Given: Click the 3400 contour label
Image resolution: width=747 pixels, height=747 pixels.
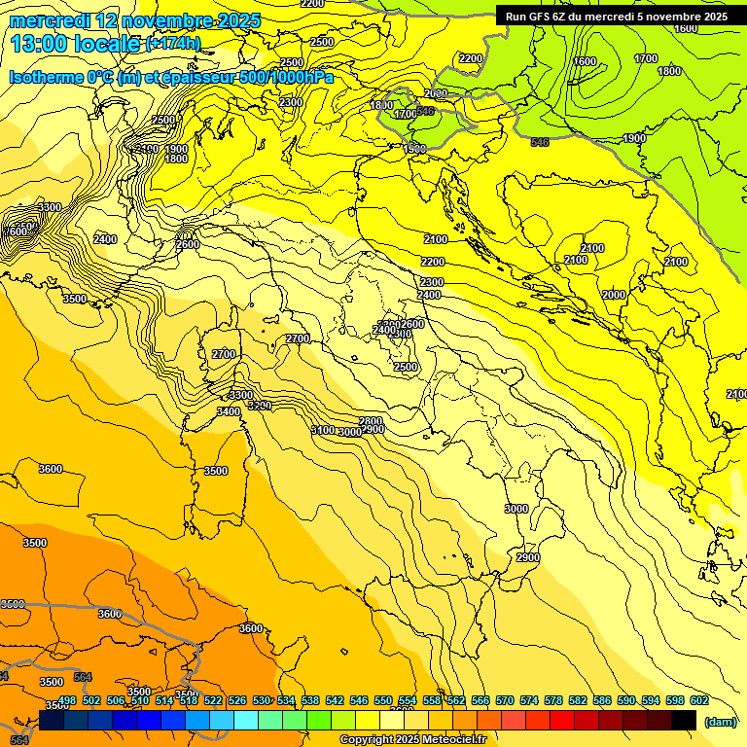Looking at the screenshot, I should [x=229, y=412].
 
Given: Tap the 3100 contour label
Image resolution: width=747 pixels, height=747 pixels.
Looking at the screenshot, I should [x=323, y=430].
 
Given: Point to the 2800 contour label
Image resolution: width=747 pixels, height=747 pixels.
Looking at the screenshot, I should [x=371, y=421].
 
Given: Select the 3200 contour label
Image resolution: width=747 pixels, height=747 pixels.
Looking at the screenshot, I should [x=259, y=406].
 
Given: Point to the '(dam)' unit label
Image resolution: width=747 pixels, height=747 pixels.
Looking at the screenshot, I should [x=721, y=721].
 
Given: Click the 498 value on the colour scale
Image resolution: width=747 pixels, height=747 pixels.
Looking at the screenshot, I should [x=67, y=701].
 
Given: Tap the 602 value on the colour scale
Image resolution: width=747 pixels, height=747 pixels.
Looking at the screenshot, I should [x=699, y=701].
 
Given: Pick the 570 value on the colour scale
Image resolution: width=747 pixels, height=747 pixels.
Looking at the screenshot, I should [x=505, y=701].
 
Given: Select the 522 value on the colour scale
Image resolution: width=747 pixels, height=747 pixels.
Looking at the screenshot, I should [x=213, y=701].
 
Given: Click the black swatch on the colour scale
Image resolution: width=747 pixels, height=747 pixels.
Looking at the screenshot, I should [x=684, y=721].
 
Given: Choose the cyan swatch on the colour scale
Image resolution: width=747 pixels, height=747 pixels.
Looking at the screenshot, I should [x=246, y=721].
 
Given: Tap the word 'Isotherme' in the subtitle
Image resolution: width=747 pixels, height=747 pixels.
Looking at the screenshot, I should [x=46, y=78].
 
